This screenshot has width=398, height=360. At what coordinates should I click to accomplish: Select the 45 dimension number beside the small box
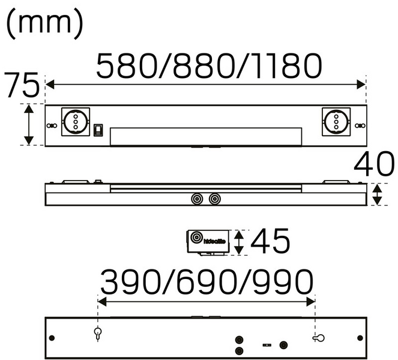pos(270,242)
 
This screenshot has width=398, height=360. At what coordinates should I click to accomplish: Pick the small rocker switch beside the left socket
pos(98,129)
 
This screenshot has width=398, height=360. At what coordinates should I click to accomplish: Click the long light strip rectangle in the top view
pos(206,136)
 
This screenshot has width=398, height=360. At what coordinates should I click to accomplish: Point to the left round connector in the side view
pos(196,198)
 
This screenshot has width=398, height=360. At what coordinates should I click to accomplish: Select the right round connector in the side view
pos(214,198)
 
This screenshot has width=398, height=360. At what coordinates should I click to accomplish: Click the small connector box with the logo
pos(207,241)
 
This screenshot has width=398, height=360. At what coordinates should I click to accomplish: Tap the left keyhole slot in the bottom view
pos(98,333)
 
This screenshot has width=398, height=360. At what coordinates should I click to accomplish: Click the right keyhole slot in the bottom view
pos(318,338)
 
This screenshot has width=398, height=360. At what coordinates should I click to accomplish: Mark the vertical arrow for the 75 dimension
pos(28,124)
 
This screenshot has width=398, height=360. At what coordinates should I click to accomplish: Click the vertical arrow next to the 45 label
pos(239,242)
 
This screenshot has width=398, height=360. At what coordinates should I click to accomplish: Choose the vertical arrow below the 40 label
pos(377,194)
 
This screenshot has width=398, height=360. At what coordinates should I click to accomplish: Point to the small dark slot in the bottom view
pos(266,345)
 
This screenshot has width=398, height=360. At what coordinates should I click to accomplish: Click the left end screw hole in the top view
pos(52,125)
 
